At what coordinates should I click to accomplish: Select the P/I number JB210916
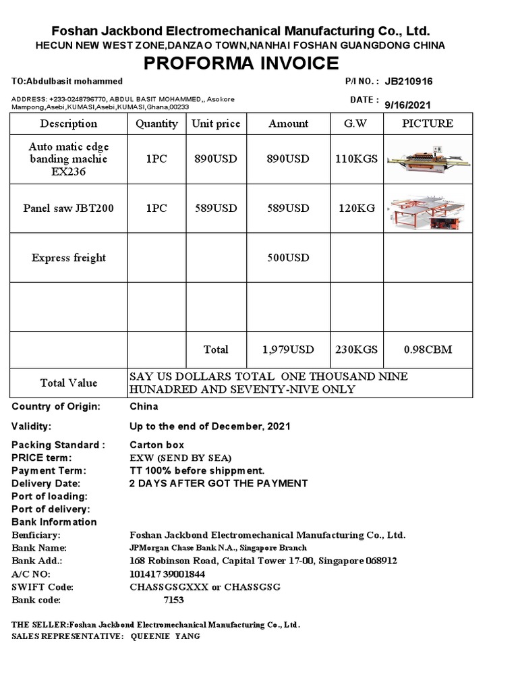pos(409,82)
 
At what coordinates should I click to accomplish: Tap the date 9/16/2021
pos(407,105)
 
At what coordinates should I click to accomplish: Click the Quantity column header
pos(156,123)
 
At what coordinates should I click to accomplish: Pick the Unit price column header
pos(216,123)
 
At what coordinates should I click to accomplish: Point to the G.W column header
pos(357,123)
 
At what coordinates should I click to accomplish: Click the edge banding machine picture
pos(428,159)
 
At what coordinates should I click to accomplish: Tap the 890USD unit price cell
pos(216,159)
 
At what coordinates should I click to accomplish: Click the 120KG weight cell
pos(357,208)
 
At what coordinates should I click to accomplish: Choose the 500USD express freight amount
pos(288,258)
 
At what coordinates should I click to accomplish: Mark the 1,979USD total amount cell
pos(288,350)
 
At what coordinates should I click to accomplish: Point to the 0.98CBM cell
pos(428,350)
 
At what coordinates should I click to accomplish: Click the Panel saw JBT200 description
pos(68,208)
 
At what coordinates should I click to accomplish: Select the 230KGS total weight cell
pos(357,350)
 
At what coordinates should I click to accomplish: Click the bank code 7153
pos(173,600)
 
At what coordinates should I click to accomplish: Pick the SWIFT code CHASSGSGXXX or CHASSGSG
pos(204,587)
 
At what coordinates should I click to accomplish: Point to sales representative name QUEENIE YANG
pos(165,636)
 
